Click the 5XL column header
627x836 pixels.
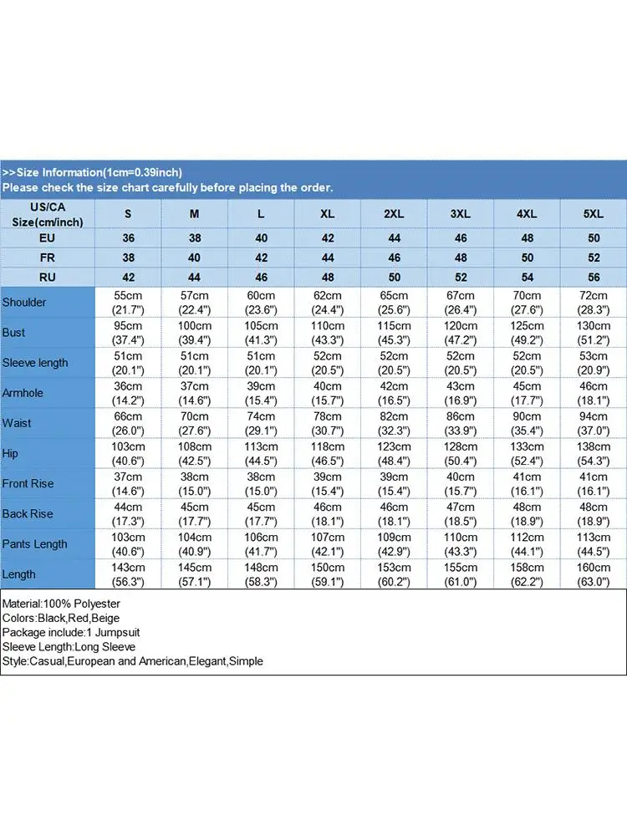point(594,214)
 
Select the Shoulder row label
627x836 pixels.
point(25,302)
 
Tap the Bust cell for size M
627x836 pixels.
point(194,332)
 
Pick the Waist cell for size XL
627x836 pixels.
point(327,423)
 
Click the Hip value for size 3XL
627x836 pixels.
point(460,453)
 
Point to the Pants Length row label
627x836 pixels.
point(34,544)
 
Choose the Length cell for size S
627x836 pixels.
point(128,574)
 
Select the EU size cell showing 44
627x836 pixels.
point(394,238)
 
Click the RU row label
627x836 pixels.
point(47,277)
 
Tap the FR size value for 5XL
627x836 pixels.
point(594,257)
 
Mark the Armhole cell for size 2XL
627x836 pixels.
point(394,393)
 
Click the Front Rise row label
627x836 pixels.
point(28,483)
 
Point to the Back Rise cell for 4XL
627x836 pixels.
point(527,513)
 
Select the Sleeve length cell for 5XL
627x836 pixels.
point(594,362)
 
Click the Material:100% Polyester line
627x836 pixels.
point(62,604)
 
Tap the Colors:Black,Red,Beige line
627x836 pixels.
point(61,618)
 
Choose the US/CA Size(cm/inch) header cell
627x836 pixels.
point(47,214)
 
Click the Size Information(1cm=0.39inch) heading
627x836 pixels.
point(92,172)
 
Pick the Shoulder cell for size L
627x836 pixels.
point(261,302)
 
